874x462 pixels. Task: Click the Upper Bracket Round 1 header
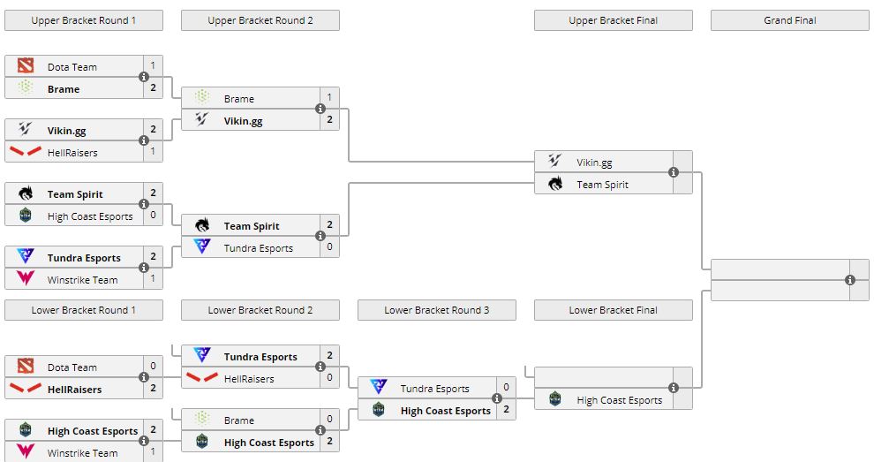point(84,20)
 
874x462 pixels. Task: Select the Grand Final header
point(789,20)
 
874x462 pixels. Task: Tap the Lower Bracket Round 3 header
point(436,310)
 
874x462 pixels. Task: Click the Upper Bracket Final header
point(613,20)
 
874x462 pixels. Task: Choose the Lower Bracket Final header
point(613,310)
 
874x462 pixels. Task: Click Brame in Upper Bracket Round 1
point(64,89)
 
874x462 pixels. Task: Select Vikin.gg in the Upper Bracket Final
point(594,163)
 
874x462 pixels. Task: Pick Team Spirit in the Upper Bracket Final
point(602,185)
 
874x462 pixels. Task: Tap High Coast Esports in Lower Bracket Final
point(619,400)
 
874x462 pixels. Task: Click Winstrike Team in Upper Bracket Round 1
point(82,280)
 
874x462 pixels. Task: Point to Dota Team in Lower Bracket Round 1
point(72,367)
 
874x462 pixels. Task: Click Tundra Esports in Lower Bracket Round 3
point(434,389)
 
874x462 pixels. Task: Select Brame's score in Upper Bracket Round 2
point(329,98)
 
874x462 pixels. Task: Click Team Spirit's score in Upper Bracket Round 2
point(329,225)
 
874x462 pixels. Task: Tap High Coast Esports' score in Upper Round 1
point(153,216)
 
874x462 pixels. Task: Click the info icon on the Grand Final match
point(850,280)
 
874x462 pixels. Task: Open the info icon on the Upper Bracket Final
point(674,173)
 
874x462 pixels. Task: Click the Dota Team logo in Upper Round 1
point(26,66)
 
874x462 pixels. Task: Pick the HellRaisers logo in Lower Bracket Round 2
point(202,378)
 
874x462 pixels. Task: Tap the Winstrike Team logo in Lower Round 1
point(26,452)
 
